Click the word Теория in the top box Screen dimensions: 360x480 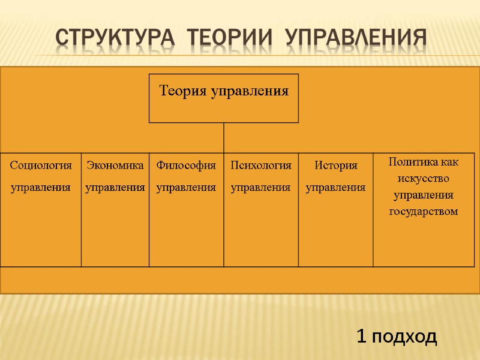pos(181,91)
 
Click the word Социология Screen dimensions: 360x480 pos(41,165)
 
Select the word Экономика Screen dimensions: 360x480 pos(115,165)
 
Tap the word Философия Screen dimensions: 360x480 pos(186,165)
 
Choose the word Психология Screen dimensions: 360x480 pos(261,165)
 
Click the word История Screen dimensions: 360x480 pos(335,165)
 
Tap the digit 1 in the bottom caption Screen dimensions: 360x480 pos(361,337)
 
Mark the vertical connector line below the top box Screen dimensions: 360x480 pos(224,137)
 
